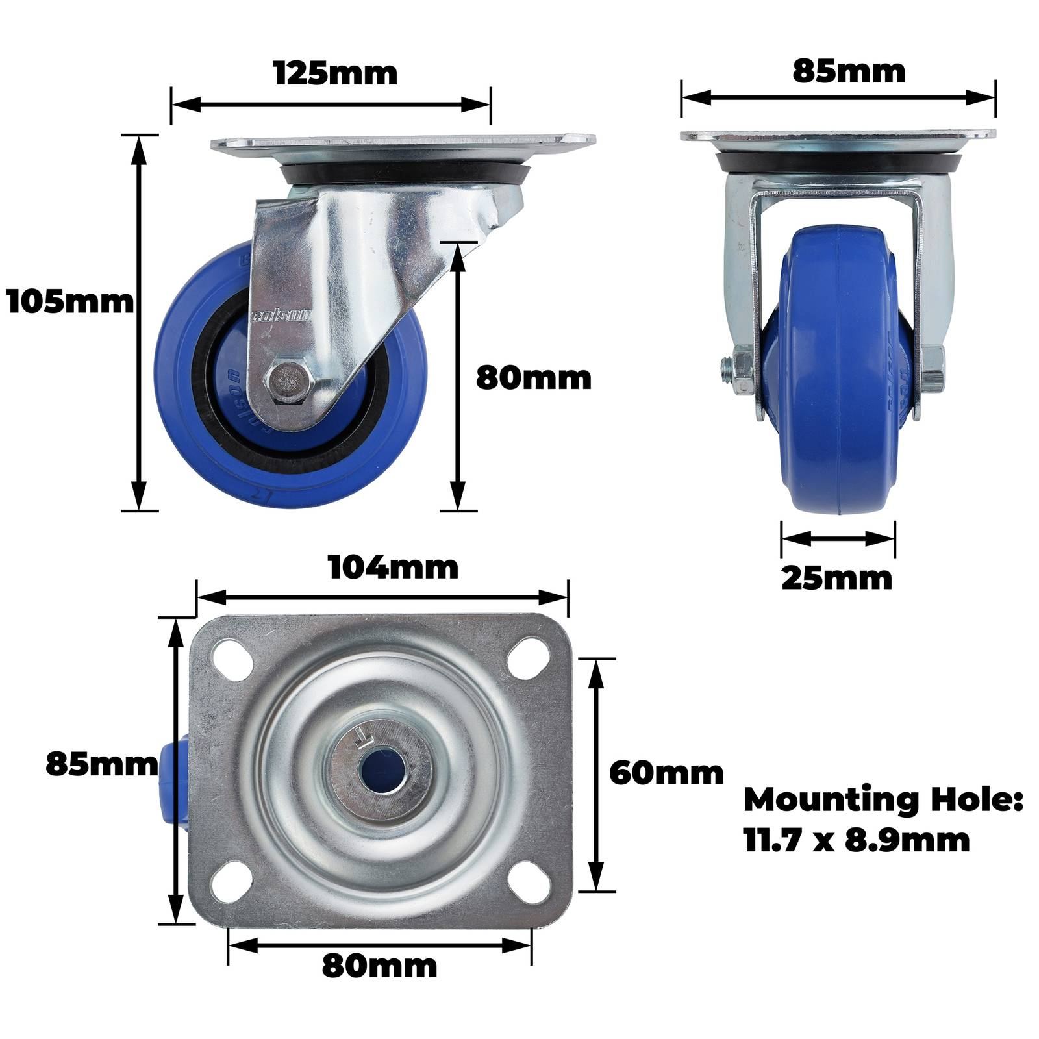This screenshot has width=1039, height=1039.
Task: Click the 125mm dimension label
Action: pyautogui.click(x=335, y=73)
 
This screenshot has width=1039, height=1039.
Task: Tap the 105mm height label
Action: pyautogui.click(x=70, y=302)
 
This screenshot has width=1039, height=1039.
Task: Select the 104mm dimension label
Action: pyautogui.click(x=394, y=567)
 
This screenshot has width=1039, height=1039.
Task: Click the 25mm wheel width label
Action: pyautogui.click(x=837, y=578)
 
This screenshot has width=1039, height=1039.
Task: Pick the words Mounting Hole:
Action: pyautogui.click(x=883, y=800)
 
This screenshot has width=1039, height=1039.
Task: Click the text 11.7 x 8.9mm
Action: pyautogui.click(x=857, y=840)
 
